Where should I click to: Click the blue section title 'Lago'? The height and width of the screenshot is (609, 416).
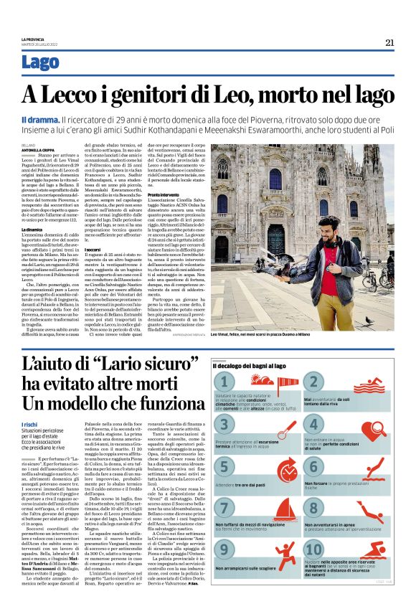click(x=41, y=62)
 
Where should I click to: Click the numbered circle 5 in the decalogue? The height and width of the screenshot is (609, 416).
click(x=225, y=467)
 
